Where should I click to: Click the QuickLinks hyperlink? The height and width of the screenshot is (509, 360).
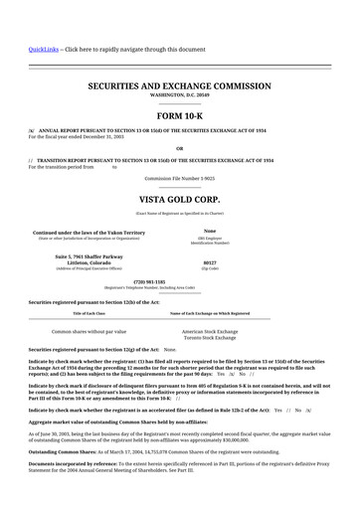(x=43, y=49)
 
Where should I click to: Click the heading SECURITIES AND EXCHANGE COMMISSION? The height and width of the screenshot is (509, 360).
(x=179, y=87)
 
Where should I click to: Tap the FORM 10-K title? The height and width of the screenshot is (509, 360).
(x=179, y=116)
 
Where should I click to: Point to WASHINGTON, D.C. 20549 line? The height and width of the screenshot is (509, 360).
(x=179, y=96)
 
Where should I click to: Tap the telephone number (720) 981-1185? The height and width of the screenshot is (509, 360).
(x=179, y=281)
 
